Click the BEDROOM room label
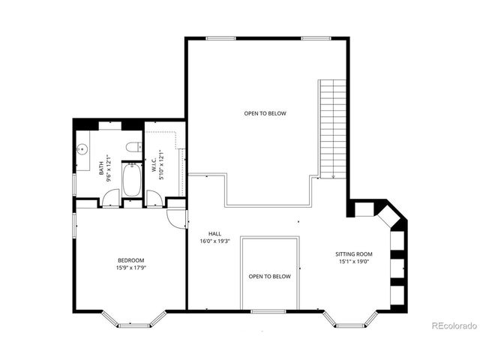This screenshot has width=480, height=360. [x=130, y=260]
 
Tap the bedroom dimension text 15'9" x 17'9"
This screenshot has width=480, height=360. [x=130, y=268]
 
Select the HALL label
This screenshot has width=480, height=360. [x=214, y=234]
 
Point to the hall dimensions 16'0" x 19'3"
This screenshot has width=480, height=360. [x=214, y=241]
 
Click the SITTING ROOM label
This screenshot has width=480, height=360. [x=353, y=254]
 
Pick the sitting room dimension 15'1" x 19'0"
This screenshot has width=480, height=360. [x=353, y=262]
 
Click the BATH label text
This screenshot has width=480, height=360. [x=101, y=166]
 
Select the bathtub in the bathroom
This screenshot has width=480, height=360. [x=132, y=179]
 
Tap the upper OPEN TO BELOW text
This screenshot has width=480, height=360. [x=265, y=113]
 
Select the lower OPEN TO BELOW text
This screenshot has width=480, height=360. [x=269, y=277]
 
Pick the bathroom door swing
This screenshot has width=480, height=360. [x=110, y=199]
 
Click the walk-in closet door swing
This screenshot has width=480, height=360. [x=154, y=199]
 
